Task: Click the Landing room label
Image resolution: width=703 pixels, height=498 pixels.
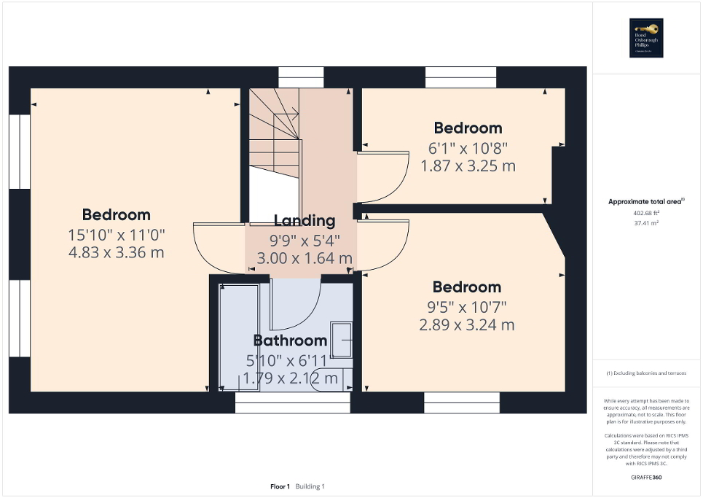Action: pyautogui.click(x=305, y=221)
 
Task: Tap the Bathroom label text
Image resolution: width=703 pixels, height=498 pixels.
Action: pyautogui.click(x=290, y=341)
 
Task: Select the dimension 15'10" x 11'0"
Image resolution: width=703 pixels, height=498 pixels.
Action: pyautogui.click(x=117, y=235)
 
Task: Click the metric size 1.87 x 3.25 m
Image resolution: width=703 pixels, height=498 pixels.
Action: pyautogui.click(x=468, y=166)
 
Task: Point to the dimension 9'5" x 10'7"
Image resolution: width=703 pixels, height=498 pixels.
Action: pyautogui.click(x=467, y=307)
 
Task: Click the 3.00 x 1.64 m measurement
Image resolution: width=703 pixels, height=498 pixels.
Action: pyautogui.click(x=304, y=258)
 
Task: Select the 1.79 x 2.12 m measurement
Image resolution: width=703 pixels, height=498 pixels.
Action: pyautogui.click(x=290, y=378)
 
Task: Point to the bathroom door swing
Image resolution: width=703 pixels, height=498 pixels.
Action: pyautogui.click(x=295, y=306)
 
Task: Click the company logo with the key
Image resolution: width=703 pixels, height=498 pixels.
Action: pyautogui.click(x=647, y=38)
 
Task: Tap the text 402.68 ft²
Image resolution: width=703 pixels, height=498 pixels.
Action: pyautogui.click(x=647, y=214)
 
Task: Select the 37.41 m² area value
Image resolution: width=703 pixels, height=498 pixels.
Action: pyautogui.click(x=647, y=224)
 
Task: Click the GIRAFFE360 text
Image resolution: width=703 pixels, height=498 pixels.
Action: pyautogui.click(x=647, y=476)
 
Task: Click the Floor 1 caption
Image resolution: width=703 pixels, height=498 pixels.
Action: pyautogui.click(x=280, y=486)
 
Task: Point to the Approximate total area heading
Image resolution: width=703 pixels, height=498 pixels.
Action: pyautogui.click(x=647, y=202)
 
